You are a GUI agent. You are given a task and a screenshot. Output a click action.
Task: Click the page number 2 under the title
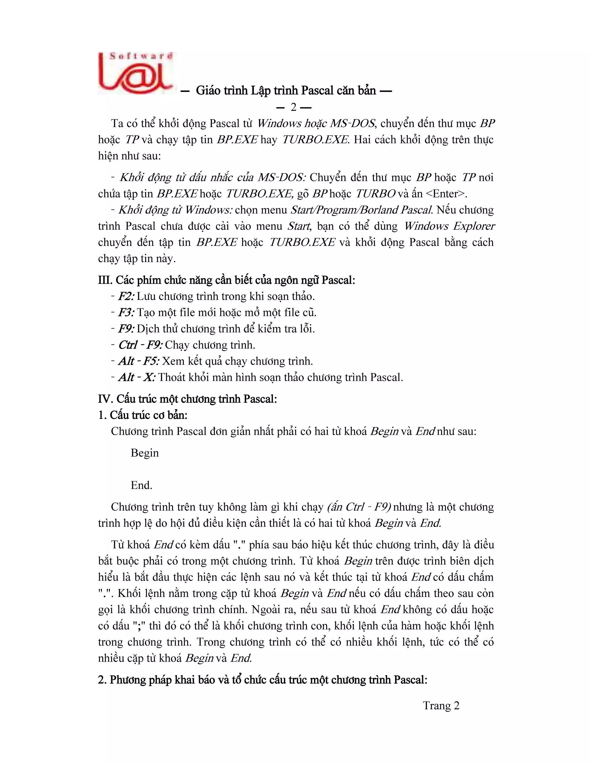point(294,108)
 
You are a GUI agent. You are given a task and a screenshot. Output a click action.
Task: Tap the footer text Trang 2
point(441,705)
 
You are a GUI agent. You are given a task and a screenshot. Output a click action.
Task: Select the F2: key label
point(126,296)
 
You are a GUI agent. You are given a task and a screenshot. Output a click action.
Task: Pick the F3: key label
point(126,312)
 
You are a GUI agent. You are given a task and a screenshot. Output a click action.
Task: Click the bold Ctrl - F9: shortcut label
point(140,345)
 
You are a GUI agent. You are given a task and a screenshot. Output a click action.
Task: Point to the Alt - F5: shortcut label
point(139,361)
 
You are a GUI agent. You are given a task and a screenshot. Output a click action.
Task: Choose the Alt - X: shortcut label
point(137,377)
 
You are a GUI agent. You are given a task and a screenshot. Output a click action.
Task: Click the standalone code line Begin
point(145,453)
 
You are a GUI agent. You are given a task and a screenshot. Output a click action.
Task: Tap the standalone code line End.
point(141,485)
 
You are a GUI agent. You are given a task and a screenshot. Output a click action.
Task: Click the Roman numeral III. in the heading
point(105,280)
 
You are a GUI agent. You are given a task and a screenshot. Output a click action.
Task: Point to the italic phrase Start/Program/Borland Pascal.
point(362,210)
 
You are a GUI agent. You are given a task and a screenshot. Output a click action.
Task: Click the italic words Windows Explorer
point(449,226)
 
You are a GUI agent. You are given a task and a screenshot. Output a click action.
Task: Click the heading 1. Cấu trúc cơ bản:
point(143,415)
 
